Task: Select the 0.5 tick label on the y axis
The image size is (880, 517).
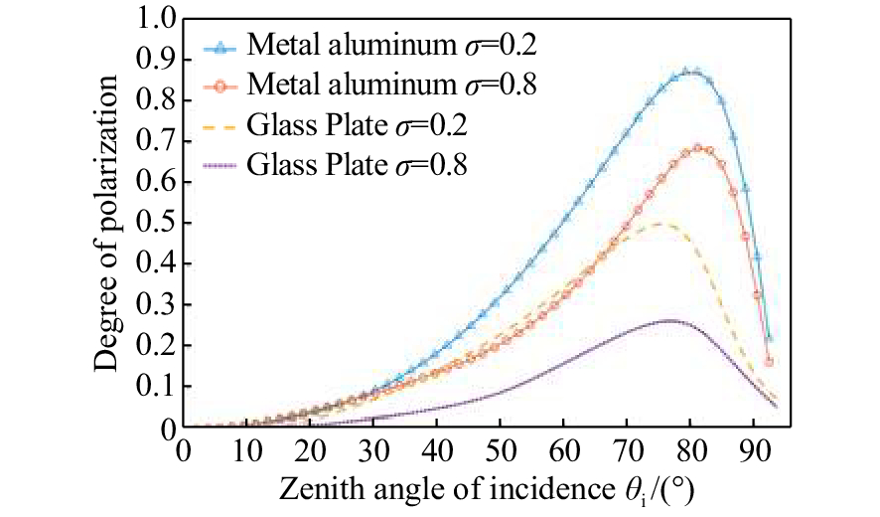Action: [x=160, y=224]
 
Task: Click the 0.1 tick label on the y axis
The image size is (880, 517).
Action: [x=160, y=387]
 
